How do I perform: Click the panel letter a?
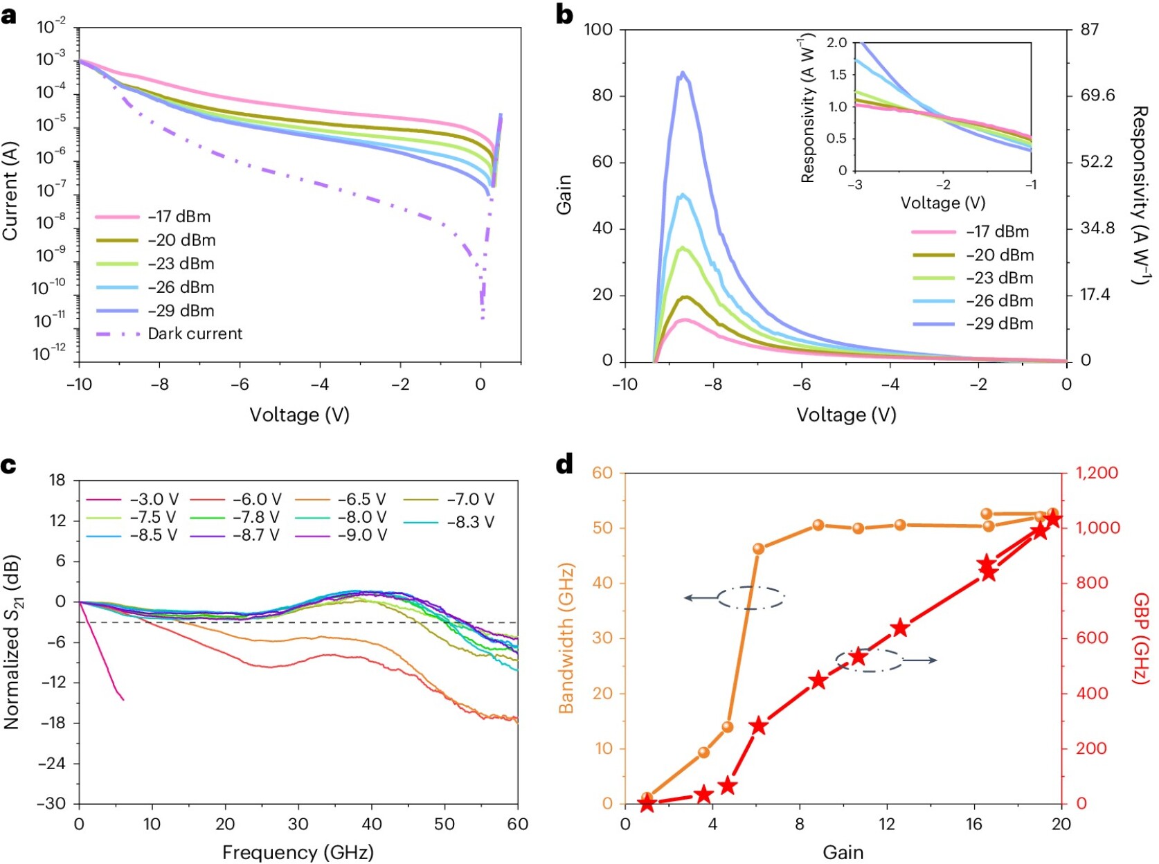(x=9, y=15)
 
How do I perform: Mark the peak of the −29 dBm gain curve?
(x=683, y=72)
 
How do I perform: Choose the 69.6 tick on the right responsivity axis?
(x=1097, y=96)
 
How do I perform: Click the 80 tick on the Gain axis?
(x=602, y=96)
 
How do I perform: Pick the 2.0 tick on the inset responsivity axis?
(x=836, y=43)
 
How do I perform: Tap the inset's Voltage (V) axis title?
(x=942, y=203)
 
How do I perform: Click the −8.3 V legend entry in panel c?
(x=470, y=522)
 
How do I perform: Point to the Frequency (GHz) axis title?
(x=298, y=852)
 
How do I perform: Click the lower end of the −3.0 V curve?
(x=123, y=699)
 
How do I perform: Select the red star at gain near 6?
(x=759, y=726)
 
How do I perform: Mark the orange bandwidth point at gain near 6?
(x=758, y=549)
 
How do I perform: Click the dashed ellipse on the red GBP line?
(x=868, y=660)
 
